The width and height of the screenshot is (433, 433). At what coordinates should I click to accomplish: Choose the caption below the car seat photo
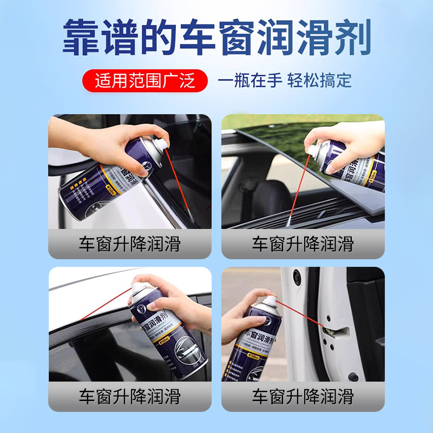coord(303,244)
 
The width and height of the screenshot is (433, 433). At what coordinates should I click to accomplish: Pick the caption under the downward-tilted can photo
coord(129,244)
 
